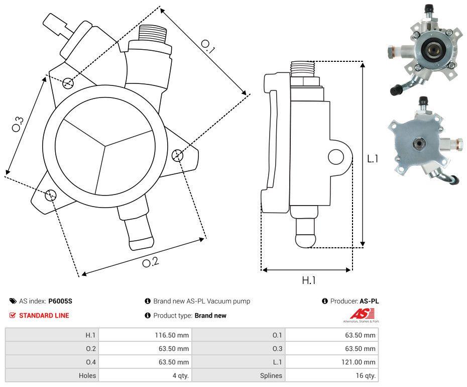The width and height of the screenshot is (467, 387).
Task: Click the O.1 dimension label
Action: tap(208, 46)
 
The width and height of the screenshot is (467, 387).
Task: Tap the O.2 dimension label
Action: tap(151, 262)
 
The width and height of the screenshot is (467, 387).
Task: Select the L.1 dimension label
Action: tap(372, 158)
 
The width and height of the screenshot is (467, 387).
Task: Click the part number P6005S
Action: tap(60, 302)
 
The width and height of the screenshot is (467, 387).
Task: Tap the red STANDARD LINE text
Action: tap(44, 316)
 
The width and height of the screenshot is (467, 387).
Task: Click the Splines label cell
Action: tap(271, 375)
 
